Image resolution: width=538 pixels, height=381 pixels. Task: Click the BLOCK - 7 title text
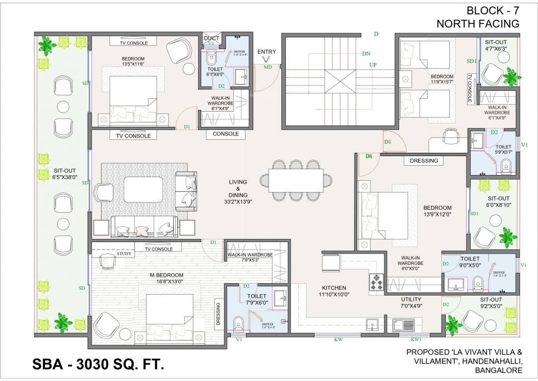(x=492, y=10)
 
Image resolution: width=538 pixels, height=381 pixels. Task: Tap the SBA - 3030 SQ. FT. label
(x=98, y=365)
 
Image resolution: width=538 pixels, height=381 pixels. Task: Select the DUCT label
(x=212, y=38)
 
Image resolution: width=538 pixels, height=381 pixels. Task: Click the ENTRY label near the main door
(x=267, y=52)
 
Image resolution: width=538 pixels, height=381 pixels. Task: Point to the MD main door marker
(x=268, y=66)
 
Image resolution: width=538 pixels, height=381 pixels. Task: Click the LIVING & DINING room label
(x=238, y=191)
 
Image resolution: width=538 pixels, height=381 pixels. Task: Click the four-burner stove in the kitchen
(x=376, y=282)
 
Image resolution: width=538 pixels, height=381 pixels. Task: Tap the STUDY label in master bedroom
(x=124, y=254)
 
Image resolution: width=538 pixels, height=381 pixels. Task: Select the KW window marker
(x=339, y=340)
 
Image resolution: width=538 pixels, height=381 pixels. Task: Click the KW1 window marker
(x=416, y=340)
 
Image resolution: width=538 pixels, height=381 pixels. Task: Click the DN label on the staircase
(x=366, y=53)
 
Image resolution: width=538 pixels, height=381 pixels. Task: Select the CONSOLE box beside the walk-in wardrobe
(x=225, y=134)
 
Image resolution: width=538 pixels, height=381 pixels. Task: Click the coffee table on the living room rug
(x=143, y=190)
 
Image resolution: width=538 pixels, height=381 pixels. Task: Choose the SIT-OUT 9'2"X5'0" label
(x=491, y=303)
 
